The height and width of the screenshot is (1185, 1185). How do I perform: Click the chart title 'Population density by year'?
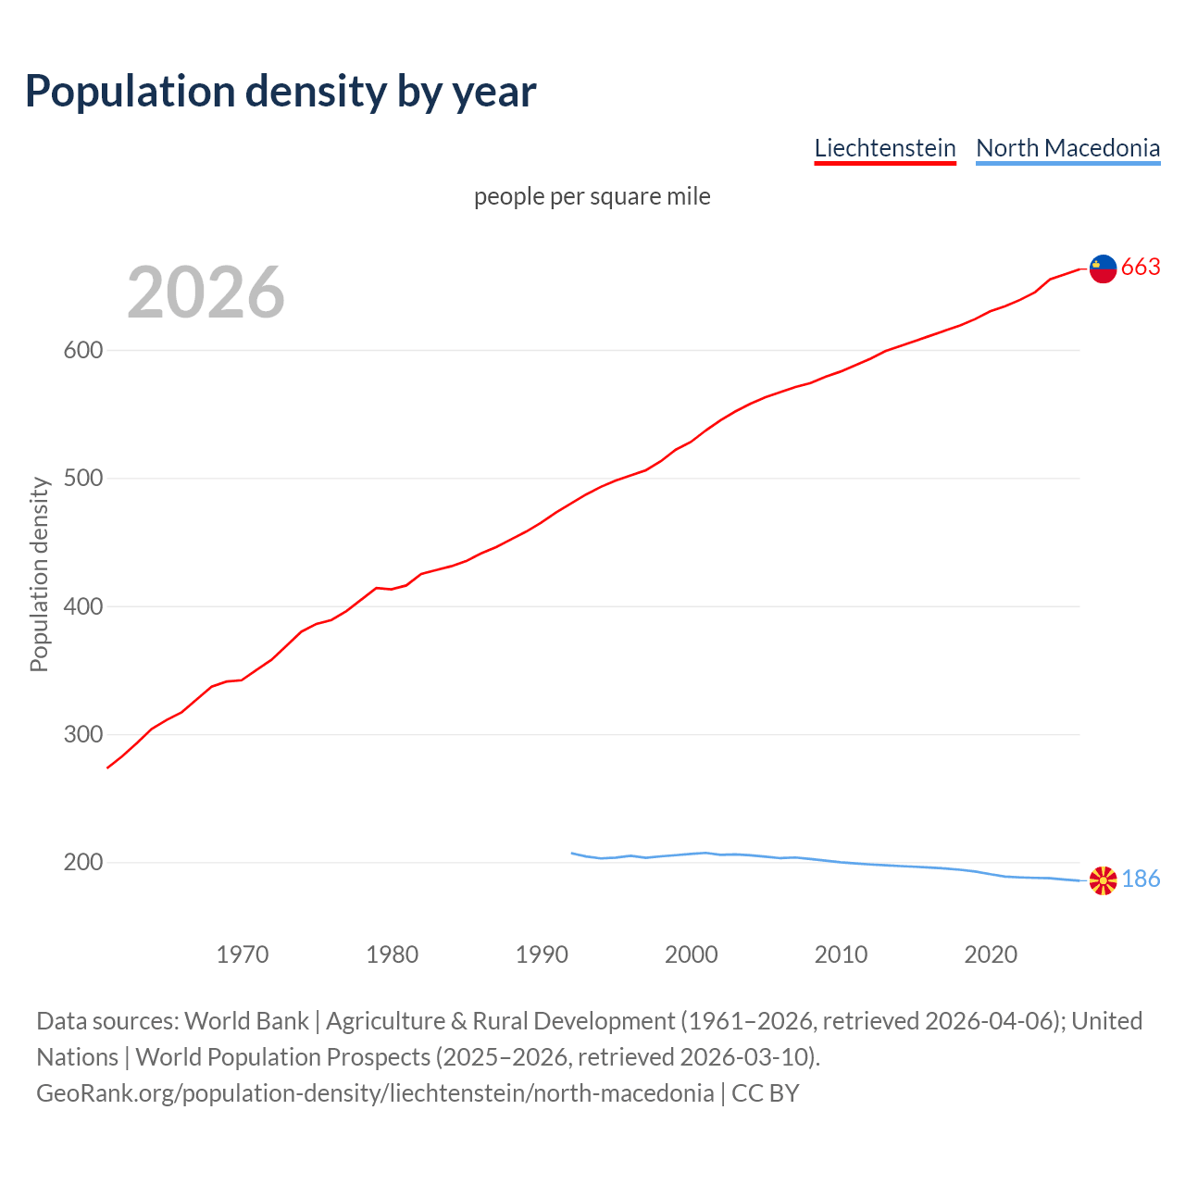pyautogui.click(x=281, y=91)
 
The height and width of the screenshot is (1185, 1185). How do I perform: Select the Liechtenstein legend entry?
pyautogui.click(x=884, y=148)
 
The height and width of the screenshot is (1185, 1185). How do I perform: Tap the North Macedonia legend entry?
pyautogui.click(x=1067, y=148)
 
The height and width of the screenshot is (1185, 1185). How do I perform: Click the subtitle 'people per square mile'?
pyautogui.click(x=592, y=196)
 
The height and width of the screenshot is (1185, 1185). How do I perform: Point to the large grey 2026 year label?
pyautogui.click(x=206, y=293)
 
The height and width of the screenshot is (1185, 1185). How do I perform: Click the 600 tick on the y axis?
pyautogui.click(x=82, y=351)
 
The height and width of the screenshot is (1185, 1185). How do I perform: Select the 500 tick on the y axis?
pyautogui.click(x=82, y=479)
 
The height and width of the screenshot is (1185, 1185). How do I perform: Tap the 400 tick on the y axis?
pyautogui.click(x=82, y=607)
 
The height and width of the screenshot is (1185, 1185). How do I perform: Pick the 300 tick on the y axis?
pyautogui.click(x=82, y=735)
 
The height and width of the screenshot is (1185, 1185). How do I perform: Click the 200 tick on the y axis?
pyautogui.click(x=82, y=863)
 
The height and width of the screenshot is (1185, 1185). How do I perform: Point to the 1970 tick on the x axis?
pyautogui.click(x=243, y=954)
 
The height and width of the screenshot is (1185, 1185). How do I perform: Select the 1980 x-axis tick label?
pyautogui.click(x=393, y=954)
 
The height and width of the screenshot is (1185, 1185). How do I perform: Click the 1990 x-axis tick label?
pyautogui.click(x=542, y=954)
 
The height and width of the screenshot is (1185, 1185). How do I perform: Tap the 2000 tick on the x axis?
pyautogui.click(x=692, y=954)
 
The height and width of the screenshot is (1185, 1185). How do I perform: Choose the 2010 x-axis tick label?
pyautogui.click(x=841, y=954)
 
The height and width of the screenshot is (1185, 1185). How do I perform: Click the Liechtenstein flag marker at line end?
pyautogui.click(x=1103, y=268)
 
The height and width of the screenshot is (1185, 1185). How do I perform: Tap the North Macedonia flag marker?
pyautogui.click(x=1103, y=880)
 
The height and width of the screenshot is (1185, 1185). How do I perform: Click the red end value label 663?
pyautogui.click(x=1141, y=268)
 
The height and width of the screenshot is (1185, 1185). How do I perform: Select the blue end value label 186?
pyautogui.click(x=1141, y=879)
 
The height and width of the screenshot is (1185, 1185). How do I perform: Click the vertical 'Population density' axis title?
pyautogui.click(x=39, y=574)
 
